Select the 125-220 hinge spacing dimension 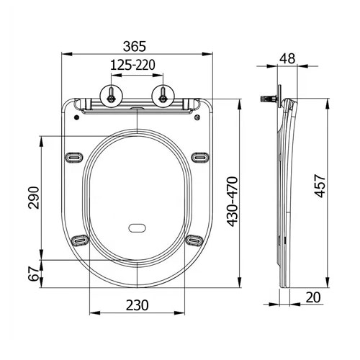[x=135, y=66]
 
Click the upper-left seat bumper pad [x=75, y=156]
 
